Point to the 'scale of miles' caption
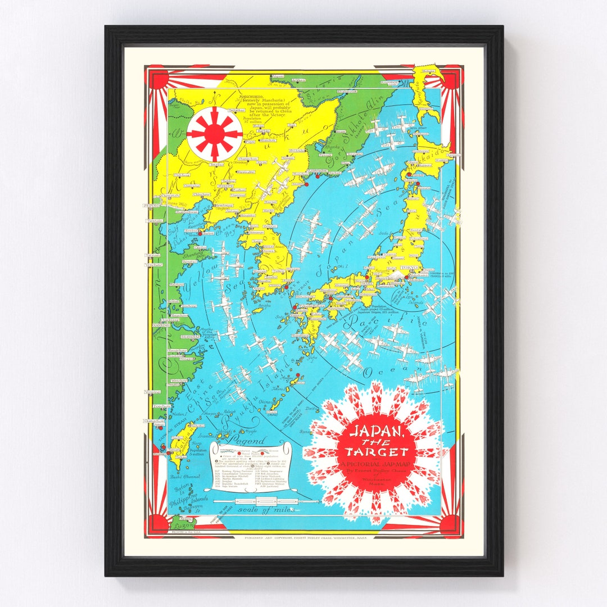tap(261, 509)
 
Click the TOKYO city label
tap(409, 269)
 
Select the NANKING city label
tap(161, 325)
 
